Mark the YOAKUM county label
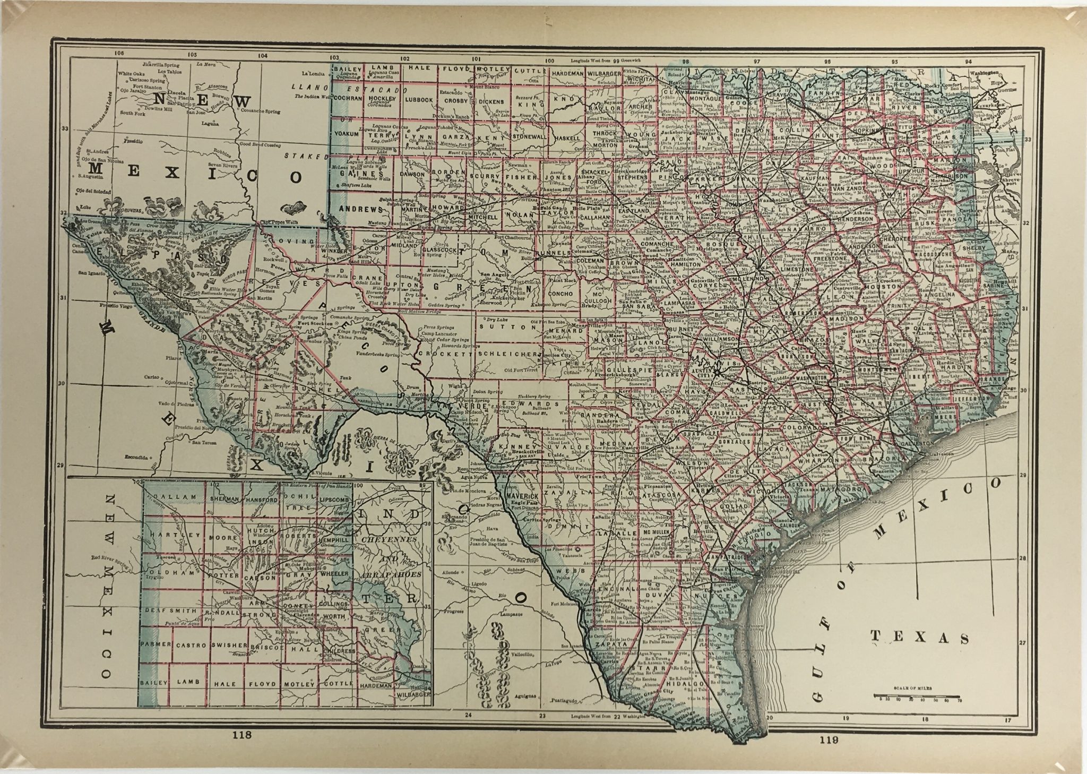coord(347,134)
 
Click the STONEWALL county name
coord(530,136)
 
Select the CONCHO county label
coord(561,294)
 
